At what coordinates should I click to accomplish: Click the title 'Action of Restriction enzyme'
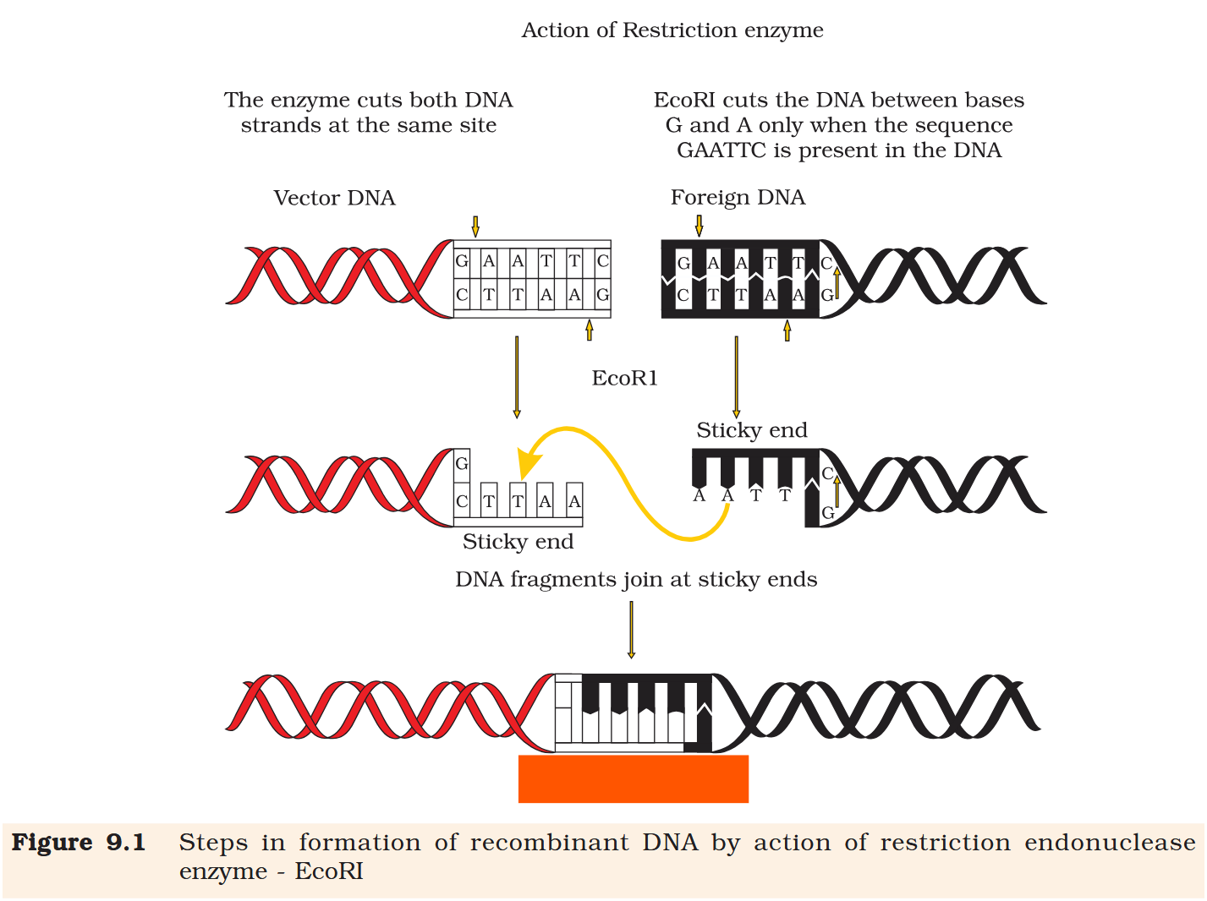point(672,30)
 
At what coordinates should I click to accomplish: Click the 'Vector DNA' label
point(334,198)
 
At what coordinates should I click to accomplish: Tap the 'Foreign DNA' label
point(738,197)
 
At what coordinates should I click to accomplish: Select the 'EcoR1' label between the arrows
point(624,378)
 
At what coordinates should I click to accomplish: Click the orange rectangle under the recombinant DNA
point(633,778)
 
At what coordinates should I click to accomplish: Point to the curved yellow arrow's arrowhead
point(529,465)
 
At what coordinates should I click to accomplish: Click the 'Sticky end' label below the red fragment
point(518,542)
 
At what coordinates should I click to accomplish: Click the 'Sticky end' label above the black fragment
point(751,430)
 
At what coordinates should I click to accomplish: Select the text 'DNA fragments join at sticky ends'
point(636,580)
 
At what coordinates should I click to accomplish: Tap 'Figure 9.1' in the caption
point(78,843)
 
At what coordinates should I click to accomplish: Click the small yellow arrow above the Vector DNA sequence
point(475,227)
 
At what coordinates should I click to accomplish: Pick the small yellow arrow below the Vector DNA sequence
point(590,330)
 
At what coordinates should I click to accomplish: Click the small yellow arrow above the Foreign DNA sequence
point(699,226)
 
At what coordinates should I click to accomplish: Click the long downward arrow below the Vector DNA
point(517,377)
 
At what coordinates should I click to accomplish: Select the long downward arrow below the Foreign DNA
point(736,377)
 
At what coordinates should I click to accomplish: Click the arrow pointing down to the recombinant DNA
point(631,630)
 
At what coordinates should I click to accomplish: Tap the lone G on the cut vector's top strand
point(462,463)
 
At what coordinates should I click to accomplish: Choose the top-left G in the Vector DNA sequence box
point(462,261)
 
